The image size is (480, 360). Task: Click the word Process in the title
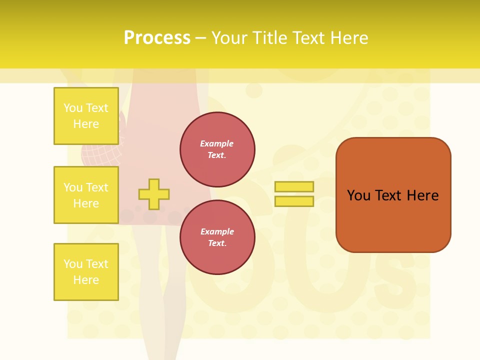157,37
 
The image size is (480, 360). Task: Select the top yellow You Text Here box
86,116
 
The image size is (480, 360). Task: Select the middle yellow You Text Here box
86,195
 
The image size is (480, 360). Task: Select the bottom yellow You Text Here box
86,271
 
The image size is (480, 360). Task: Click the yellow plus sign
153,194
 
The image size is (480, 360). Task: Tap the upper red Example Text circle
217,149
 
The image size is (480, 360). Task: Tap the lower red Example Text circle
217,237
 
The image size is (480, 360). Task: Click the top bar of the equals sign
294,186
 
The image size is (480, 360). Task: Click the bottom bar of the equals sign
294,201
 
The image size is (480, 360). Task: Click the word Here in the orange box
422,195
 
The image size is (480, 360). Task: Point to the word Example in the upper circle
216,143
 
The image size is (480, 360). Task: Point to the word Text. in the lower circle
217,243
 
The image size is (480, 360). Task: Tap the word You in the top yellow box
72,108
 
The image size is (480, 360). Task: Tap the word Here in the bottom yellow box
86,280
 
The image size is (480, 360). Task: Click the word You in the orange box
358,195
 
